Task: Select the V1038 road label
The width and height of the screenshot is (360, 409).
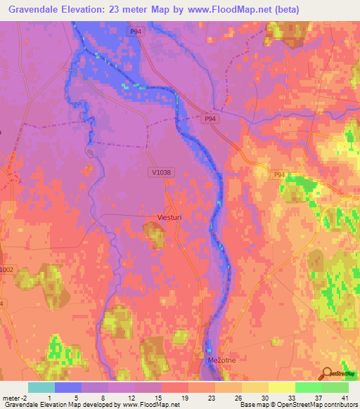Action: [161, 171]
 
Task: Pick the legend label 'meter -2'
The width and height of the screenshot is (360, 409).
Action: [16, 397]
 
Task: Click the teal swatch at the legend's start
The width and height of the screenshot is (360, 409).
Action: [41, 387]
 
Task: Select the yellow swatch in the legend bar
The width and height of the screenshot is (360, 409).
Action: [281, 387]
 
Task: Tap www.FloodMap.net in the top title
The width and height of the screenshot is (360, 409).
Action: [225, 9]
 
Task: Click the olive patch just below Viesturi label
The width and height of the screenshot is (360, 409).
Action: [154, 235]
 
